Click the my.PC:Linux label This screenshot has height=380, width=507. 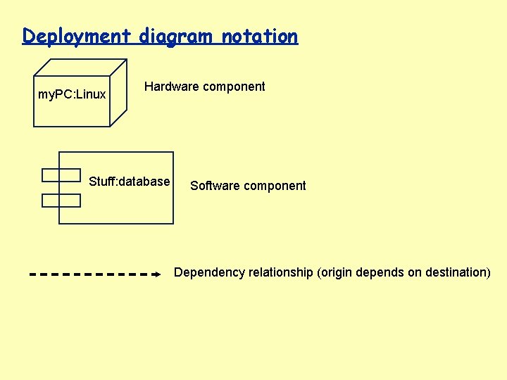(72, 94)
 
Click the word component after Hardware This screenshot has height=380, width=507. (234, 87)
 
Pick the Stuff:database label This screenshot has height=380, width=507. (130, 182)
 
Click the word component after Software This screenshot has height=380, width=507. (275, 186)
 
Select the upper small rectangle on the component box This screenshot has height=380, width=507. (61, 175)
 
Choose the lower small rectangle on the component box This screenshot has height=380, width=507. (61, 200)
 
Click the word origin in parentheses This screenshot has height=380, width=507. (336, 272)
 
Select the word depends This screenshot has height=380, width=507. (380, 272)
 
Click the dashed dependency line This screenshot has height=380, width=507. (92, 273)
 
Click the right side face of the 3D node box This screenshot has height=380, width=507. (118, 91)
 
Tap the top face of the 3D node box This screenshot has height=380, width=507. (80, 68)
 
